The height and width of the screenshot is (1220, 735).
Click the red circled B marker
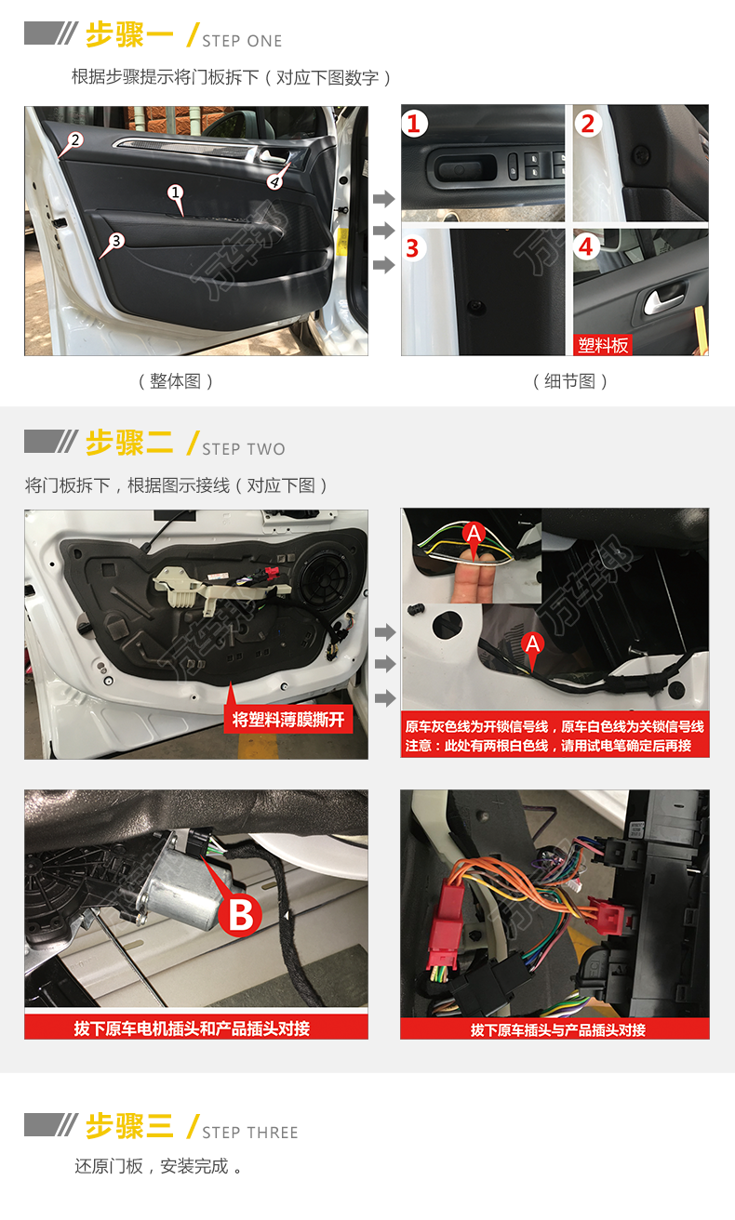pos(240,914)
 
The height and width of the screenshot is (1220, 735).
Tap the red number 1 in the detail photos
pos(414,124)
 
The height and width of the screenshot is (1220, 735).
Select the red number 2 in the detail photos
pos(588,124)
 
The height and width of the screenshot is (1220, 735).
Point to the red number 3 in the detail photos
pos(413,248)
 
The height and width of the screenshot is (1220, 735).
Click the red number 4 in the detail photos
pos(586,247)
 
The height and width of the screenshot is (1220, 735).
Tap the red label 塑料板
pos(603,345)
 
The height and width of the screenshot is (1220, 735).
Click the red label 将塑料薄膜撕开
pos(288,719)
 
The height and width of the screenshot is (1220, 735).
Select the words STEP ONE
pos(243,42)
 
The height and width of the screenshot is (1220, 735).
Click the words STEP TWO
pos(244,449)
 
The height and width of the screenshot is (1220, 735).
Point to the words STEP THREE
pos(250,1133)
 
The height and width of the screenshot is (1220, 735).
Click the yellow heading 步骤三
pos(129,1125)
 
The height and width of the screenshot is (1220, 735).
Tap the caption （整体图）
pos(176,380)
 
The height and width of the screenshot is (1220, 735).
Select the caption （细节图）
pos(570,380)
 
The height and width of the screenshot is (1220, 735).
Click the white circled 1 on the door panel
pos(175,192)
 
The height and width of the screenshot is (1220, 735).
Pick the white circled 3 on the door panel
pos(116,240)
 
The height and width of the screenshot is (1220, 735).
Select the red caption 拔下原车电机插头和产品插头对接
pos(192,1028)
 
